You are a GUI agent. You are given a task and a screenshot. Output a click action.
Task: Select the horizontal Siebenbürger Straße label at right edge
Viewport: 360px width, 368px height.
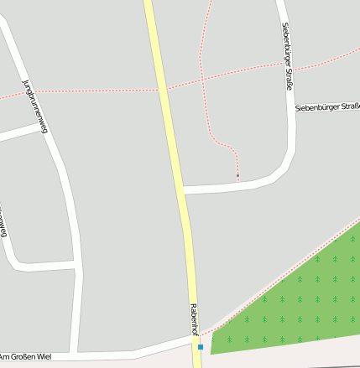tap(327, 107)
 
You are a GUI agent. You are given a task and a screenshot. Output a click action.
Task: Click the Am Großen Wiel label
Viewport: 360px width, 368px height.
tap(27, 357)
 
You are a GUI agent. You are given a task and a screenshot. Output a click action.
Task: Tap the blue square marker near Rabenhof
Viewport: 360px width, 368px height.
tap(201, 346)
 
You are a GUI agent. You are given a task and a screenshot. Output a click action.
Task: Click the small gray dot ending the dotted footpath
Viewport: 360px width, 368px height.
tap(237, 175)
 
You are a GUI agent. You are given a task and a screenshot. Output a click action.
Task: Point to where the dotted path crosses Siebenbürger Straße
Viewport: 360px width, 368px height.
tap(285, 65)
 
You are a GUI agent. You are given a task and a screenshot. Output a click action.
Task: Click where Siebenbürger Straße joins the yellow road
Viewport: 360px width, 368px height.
tap(182, 190)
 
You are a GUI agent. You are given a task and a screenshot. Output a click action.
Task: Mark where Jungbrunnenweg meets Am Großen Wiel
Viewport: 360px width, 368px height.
tap(77, 351)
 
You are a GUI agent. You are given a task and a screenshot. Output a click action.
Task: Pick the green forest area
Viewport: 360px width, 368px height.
tap(294, 302)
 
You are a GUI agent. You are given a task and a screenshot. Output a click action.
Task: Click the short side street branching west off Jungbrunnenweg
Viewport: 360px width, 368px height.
tap(17, 132)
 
